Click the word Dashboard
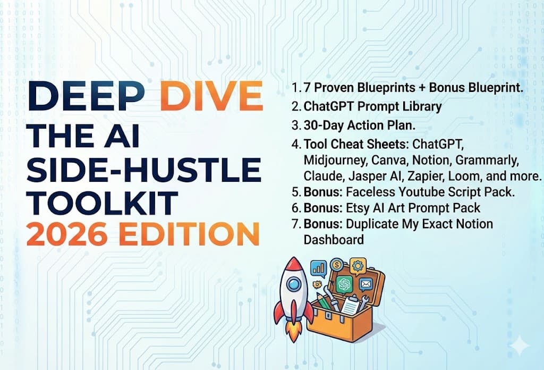(334, 240)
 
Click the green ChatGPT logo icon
(344, 284)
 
